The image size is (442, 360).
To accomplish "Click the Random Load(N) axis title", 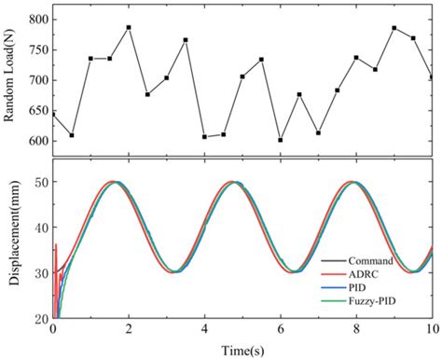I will coord(11,79).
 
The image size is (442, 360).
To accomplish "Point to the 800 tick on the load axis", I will coord(36,19).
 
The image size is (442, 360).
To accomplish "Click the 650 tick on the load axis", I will coord(36,110).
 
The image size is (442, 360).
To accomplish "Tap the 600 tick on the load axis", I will coord(36,141).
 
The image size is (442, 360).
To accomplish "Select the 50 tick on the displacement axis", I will coord(40,182).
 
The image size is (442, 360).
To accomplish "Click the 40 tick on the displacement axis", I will coord(40,227).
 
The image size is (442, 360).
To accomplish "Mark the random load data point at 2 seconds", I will coord(129,27).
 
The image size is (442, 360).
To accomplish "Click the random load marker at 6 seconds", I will coord(280,140).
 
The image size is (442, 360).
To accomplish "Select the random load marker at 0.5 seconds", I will coord(72,135).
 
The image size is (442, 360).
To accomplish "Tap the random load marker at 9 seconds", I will coord(394,28).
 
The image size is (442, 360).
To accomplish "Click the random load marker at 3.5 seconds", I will coord(186,40).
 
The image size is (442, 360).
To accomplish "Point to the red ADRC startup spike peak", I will coord(57,245).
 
